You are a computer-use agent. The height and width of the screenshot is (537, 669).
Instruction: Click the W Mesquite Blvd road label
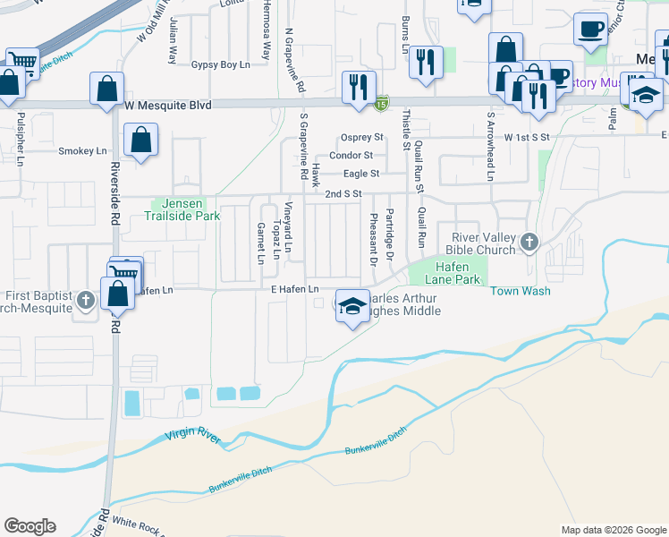coord(168,106)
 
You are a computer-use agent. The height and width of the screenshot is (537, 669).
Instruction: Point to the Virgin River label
coord(192,435)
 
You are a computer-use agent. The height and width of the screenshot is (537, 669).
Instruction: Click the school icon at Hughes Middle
coord(352,306)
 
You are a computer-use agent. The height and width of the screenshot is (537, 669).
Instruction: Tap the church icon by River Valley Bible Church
coord(529,242)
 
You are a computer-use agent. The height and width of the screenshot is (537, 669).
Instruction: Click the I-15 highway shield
coord(382,104)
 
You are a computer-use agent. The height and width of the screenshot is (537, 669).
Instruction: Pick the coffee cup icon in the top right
coord(589,30)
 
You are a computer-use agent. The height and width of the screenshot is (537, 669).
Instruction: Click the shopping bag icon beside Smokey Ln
coord(141,141)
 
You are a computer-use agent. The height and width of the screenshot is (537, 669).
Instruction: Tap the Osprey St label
coord(362,138)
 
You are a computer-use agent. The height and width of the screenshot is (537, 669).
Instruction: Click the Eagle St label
coord(362,173)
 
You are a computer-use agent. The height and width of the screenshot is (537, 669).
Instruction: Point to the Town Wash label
coord(519,292)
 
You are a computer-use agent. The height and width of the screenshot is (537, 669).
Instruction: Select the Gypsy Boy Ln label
coord(221,65)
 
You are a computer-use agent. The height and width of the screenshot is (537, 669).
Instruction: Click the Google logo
coord(30,526)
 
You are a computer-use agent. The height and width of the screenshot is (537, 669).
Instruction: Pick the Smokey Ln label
coord(82,151)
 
